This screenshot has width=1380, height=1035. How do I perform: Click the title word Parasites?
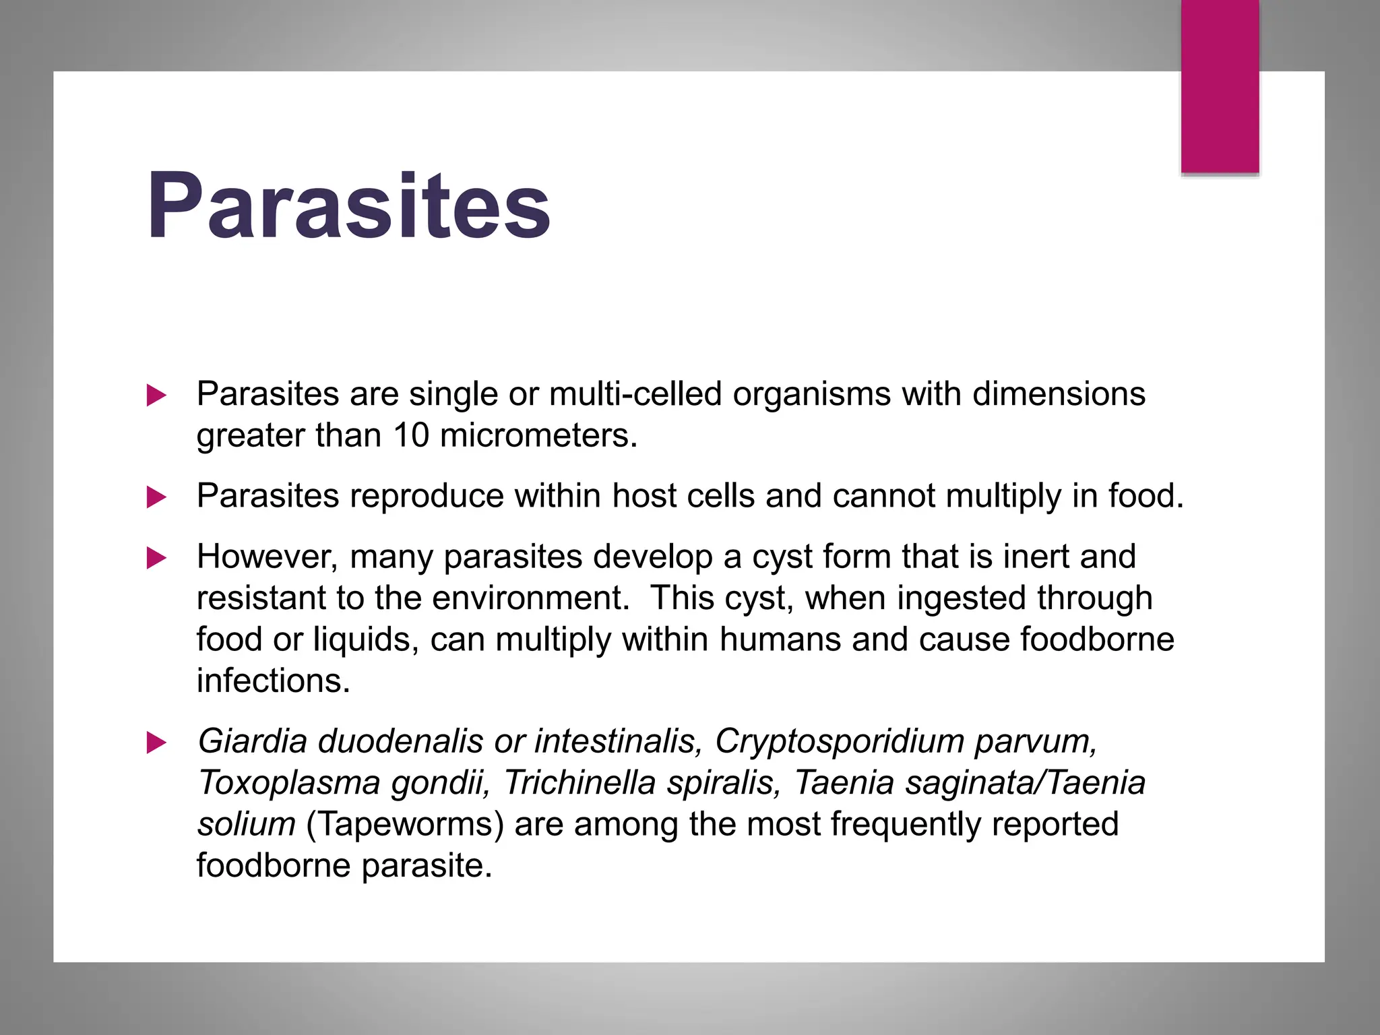[348, 206]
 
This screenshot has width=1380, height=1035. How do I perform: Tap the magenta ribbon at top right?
[1220, 86]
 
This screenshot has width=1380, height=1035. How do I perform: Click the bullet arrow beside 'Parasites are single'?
[156, 396]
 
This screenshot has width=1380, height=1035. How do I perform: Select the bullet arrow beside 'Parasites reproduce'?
[156, 498]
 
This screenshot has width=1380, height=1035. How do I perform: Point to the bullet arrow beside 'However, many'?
[156, 558]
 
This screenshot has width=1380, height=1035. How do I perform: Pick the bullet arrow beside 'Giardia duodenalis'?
[156, 743]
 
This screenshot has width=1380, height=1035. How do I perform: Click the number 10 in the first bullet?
[411, 435]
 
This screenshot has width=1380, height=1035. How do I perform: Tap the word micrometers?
[538, 435]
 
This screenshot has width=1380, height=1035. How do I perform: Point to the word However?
[267, 557]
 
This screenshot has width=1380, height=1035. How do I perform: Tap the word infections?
[274, 681]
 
